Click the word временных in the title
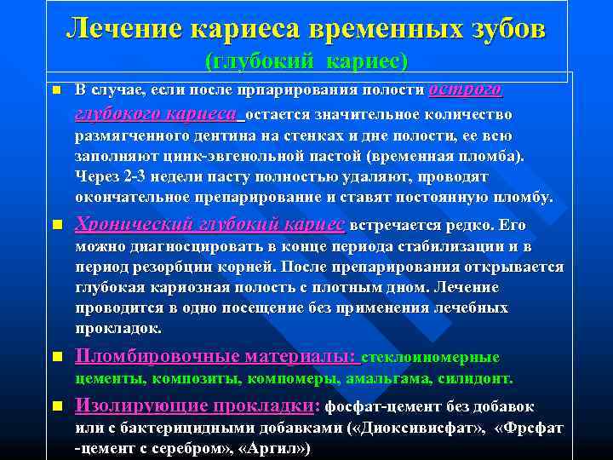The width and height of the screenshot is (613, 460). [382, 28]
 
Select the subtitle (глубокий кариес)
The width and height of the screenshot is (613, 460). [306, 61]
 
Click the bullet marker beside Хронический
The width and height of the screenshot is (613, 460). [55, 226]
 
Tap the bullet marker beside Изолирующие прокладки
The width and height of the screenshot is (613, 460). [55, 405]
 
